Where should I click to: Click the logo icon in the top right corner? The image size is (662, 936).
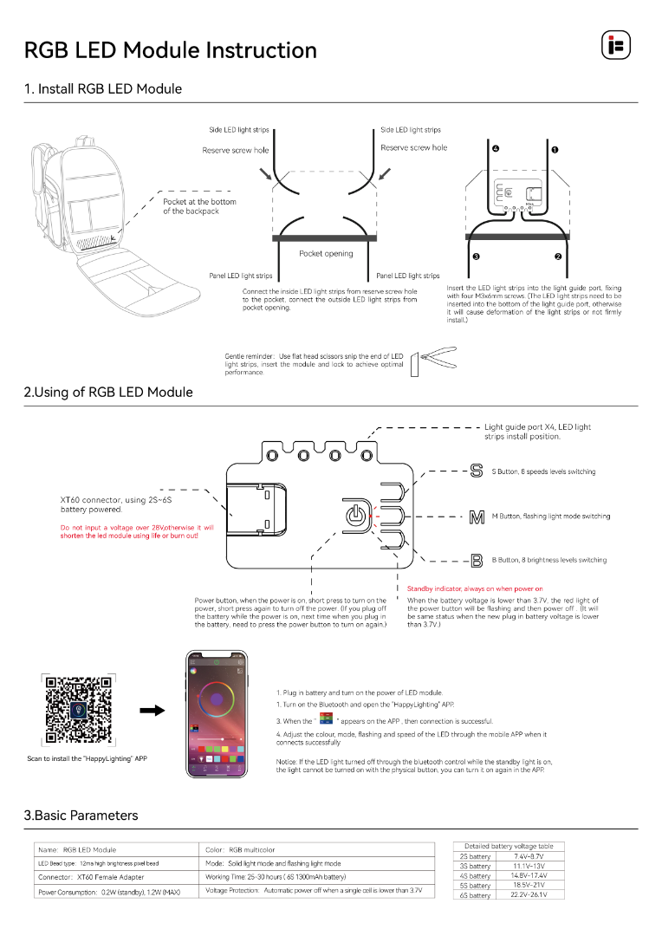click(615, 45)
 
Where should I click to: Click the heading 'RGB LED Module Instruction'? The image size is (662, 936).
click(171, 50)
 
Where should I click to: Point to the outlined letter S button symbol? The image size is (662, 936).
click(476, 472)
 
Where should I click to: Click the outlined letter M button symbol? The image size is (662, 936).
click(476, 517)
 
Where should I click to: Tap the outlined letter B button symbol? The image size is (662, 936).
click(476, 561)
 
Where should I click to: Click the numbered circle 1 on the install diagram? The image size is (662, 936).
click(555, 150)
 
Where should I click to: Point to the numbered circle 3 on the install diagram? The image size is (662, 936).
click(476, 257)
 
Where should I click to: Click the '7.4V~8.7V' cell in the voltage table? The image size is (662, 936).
click(529, 855)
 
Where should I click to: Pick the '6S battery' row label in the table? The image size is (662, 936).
click(475, 895)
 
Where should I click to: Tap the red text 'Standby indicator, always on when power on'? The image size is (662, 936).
click(475, 588)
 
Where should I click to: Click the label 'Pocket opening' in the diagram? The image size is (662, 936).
click(326, 254)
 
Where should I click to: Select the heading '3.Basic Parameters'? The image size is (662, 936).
click(81, 816)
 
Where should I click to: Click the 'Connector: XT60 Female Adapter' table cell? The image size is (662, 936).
click(92, 877)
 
